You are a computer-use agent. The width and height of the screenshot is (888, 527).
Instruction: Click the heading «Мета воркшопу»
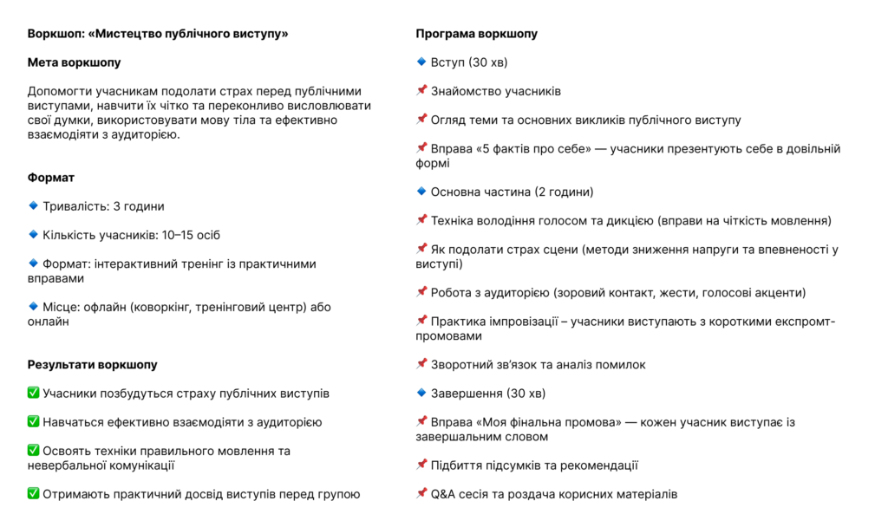pyautogui.click(x=74, y=62)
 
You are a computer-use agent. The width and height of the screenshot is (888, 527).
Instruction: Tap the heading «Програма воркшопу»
pyautogui.click(x=476, y=34)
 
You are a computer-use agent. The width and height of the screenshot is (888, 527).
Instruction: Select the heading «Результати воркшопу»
pyautogui.click(x=92, y=365)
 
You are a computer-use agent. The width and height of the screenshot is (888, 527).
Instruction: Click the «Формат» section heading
pyautogui.click(x=51, y=178)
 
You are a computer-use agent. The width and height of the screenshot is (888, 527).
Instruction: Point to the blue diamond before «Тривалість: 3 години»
pyautogui.click(x=33, y=206)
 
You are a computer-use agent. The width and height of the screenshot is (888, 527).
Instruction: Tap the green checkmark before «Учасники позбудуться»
pyautogui.click(x=33, y=394)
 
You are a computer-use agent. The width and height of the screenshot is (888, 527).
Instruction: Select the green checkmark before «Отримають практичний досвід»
pyautogui.click(x=33, y=494)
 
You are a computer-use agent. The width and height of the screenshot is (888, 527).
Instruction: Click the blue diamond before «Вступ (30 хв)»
pyautogui.click(x=421, y=62)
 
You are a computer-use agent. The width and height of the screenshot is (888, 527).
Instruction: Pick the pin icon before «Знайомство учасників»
pyautogui.click(x=421, y=91)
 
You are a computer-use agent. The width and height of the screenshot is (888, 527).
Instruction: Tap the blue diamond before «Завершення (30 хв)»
pyautogui.click(x=421, y=394)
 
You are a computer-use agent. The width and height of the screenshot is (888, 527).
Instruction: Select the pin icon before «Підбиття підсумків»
pyautogui.click(x=421, y=465)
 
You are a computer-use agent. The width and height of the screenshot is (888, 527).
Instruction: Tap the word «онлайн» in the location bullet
pyautogui.click(x=49, y=322)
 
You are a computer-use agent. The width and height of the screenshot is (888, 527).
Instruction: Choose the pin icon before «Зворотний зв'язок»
pyautogui.click(x=421, y=365)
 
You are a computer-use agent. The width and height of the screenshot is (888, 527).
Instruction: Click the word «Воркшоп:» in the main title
pyautogui.click(x=55, y=34)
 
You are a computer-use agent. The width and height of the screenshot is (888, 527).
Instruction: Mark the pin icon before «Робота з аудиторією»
pyautogui.click(x=421, y=292)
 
